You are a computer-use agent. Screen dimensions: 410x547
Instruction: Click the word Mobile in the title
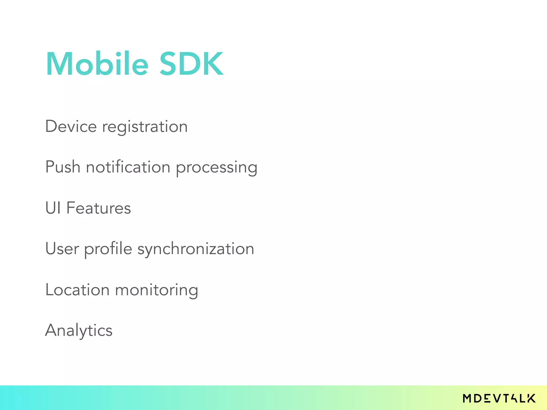[97, 64]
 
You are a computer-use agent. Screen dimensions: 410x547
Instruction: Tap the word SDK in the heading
[191, 64]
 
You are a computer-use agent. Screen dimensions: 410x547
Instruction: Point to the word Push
[63, 167]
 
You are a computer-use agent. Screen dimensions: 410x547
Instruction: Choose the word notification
[128, 167]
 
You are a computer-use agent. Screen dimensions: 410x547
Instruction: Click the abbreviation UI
[53, 208]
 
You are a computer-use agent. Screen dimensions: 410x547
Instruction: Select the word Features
[99, 208]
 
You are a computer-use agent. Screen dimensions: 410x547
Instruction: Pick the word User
[62, 249]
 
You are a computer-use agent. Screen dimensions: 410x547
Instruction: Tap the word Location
[77, 290]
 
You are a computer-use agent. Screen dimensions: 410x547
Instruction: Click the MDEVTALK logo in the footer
[499, 398]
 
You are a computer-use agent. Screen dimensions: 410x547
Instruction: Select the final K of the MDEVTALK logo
[531, 398]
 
